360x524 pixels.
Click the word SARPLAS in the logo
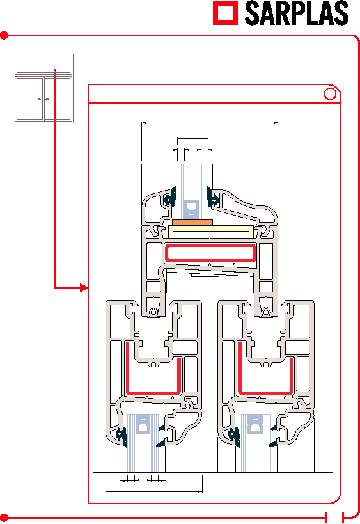coord(297,13)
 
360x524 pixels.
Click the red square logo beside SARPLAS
coord(226,13)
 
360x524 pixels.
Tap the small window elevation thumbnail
coord(43,88)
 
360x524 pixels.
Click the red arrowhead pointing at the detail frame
coord(84,287)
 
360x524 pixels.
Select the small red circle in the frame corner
coord(331,94)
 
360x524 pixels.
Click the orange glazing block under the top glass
coord(192,223)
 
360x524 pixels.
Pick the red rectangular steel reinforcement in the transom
coord(210,253)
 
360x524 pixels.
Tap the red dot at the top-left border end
coord(4,35)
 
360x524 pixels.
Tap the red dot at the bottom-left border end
coord(4,518)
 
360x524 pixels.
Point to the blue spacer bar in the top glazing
coord(192,209)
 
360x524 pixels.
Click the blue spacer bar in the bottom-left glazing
coord(143,424)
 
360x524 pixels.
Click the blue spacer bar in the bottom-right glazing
coord(254,424)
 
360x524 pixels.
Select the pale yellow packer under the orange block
coord(210,232)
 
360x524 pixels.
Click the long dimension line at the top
coord(210,123)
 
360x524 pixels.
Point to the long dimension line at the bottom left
coord(154,491)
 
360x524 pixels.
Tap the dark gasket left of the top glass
coord(170,198)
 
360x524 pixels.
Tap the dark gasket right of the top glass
coord(212,198)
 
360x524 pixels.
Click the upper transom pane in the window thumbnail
coord(43,65)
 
